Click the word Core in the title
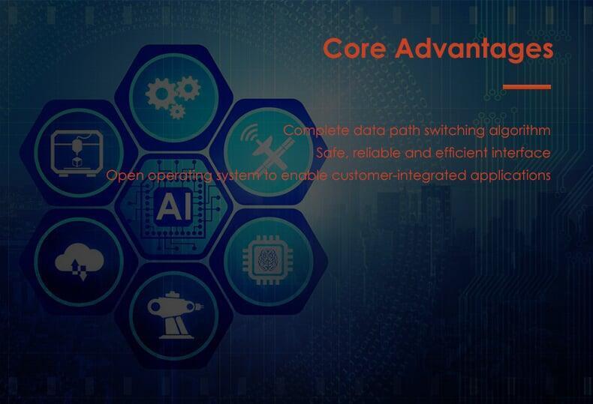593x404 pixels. coord(354,48)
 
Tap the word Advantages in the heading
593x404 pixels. coord(474,49)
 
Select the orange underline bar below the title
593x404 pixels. coord(527,87)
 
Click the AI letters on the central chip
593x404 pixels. coord(173,207)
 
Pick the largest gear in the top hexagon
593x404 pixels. coord(161,94)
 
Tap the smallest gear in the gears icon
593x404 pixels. coord(177,112)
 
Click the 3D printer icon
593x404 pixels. coord(77,153)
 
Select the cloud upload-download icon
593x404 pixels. coord(80,262)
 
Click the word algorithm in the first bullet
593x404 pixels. coord(519,130)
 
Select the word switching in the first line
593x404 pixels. coord(455,130)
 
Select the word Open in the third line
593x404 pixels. coord(125,176)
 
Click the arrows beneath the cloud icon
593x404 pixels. coord(79,270)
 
